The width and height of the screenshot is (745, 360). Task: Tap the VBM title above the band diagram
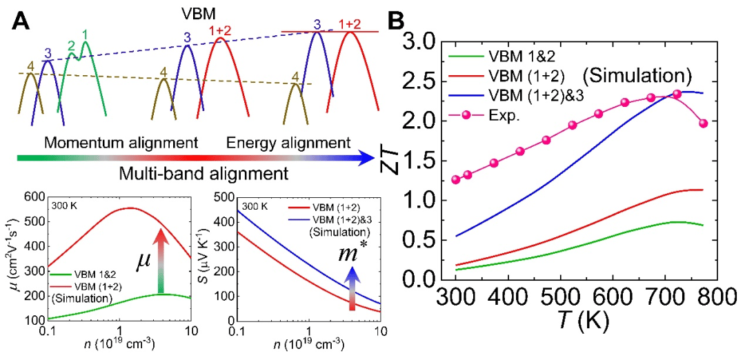[195, 13]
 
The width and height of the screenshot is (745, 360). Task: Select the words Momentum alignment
[120, 143]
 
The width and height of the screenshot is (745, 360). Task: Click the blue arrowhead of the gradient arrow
[365, 158]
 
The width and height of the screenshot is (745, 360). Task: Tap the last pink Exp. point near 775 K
[703, 123]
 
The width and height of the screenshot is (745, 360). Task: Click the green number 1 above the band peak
[85, 34]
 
